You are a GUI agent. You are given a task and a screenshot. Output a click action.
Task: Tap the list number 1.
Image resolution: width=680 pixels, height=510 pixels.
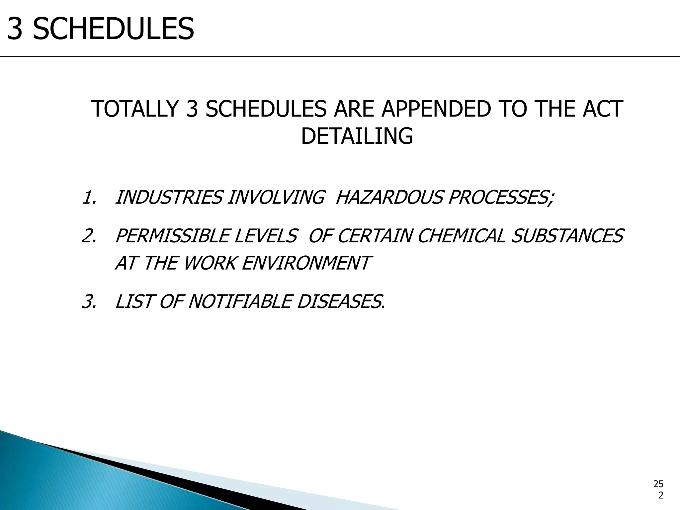click(88, 198)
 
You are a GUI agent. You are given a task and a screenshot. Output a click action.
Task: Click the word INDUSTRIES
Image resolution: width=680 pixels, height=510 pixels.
click(168, 198)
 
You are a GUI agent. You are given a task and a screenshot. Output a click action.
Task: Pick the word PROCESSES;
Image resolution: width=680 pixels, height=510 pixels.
click(501, 198)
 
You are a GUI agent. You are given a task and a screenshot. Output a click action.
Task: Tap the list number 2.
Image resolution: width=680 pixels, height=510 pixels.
click(88, 236)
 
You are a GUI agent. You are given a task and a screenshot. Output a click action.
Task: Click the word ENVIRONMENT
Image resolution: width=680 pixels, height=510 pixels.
click(305, 263)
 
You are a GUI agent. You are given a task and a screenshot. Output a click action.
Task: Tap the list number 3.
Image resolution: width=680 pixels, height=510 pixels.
click(88, 302)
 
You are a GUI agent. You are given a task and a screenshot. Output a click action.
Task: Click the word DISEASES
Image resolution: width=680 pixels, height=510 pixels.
click(339, 302)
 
